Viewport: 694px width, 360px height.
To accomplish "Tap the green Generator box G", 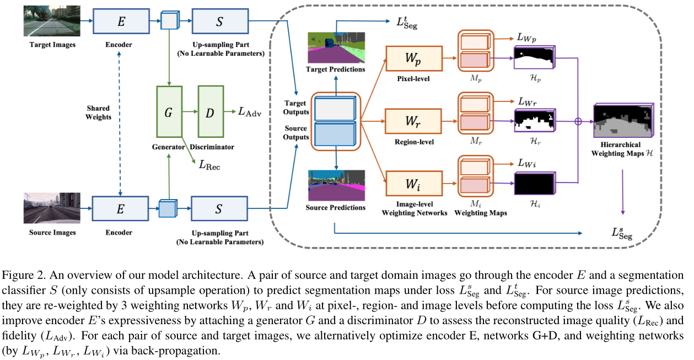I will pos(169,112).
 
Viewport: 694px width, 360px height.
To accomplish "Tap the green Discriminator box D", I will pos(210,112).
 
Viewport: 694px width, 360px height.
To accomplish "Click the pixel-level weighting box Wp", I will pos(414,57).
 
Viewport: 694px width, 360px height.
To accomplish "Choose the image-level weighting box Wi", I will pos(414,182).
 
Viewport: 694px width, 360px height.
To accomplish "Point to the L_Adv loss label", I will pos(249,112).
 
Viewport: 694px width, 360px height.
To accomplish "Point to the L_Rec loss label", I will pos(209,164).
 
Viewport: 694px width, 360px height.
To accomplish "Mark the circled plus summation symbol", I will pos(578,121).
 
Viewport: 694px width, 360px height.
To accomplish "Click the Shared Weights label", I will pos(98,112).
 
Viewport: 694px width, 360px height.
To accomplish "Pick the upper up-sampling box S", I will pos(219,22).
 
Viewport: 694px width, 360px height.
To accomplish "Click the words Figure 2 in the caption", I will pos(21,276).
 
